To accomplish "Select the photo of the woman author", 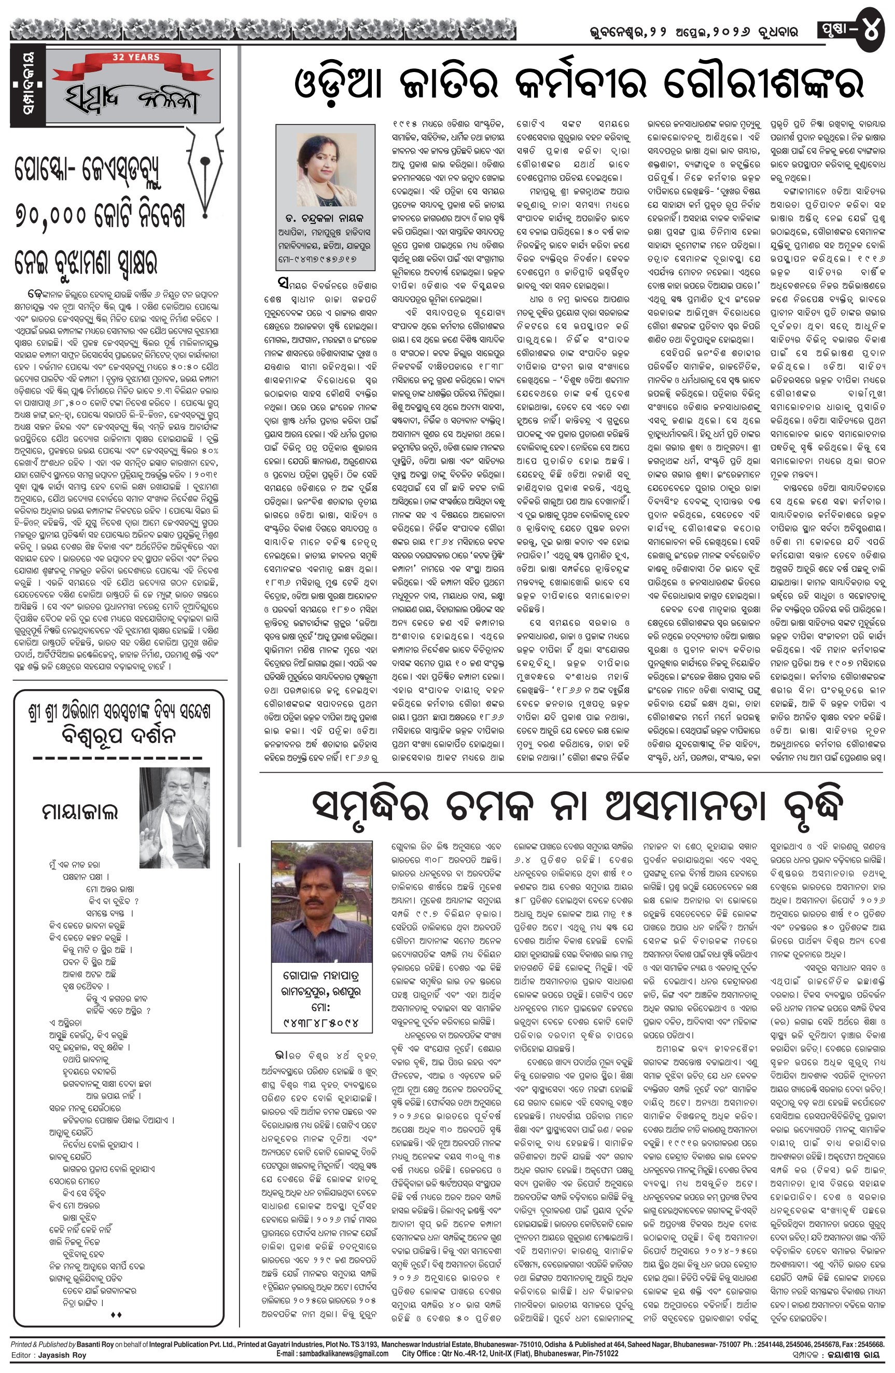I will [325, 170].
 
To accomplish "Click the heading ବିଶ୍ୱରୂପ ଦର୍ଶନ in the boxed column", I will [119, 736].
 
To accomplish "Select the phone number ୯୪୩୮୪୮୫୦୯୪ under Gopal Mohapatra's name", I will [322, 1023].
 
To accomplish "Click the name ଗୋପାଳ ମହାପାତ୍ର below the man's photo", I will [321, 977].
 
